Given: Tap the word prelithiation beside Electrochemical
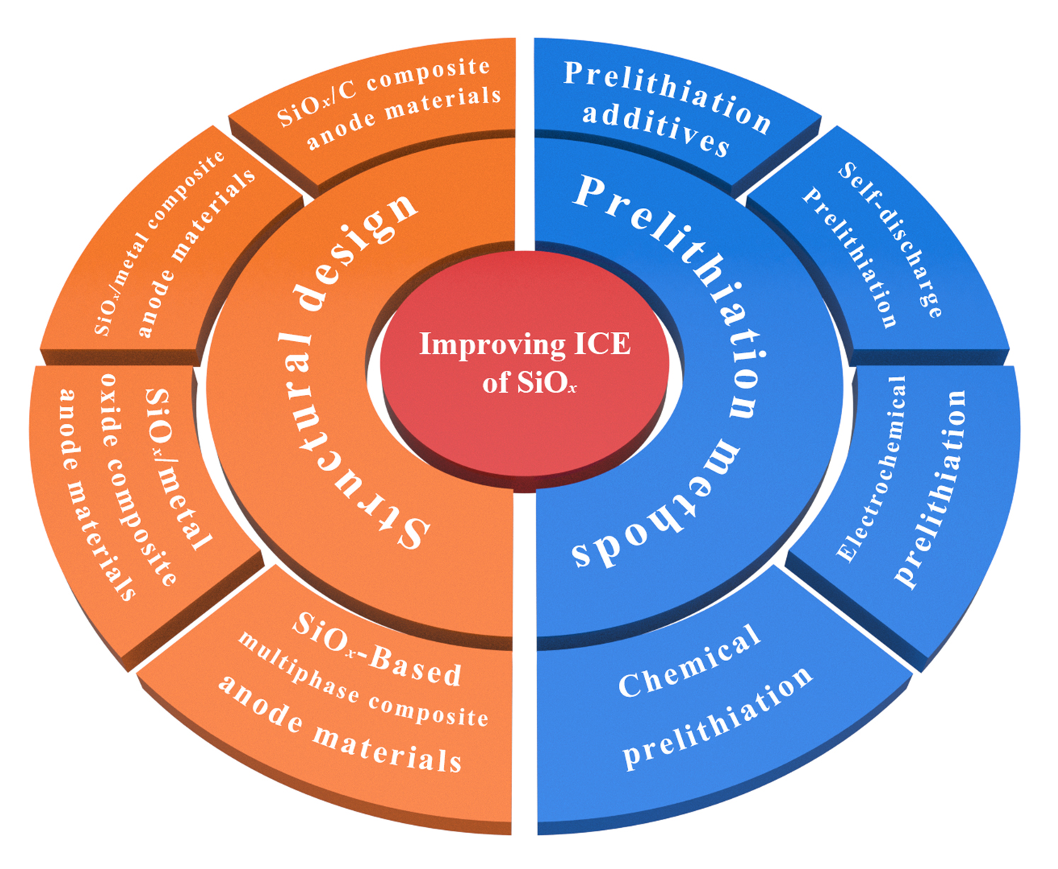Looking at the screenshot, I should (x=931, y=488).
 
